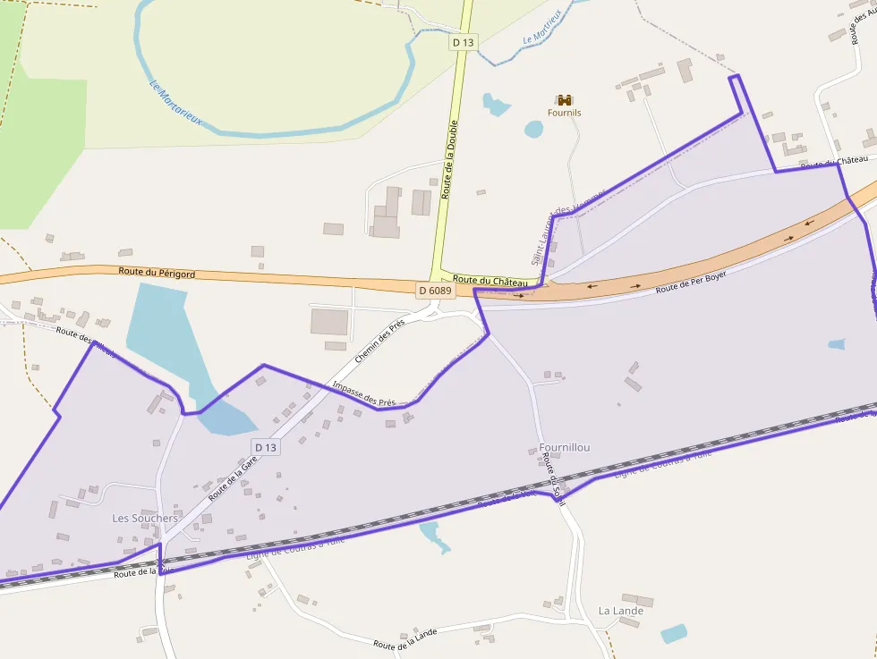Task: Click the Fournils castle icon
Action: [564, 100]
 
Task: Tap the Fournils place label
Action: [564, 114]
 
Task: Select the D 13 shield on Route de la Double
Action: [463, 41]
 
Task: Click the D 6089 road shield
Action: [436, 290]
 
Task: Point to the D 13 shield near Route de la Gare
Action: [266, 447]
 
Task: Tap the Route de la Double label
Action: [450, 158]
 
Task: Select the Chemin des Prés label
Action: [379, 340]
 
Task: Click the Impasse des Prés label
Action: [363, 393]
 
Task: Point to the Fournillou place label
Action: [565, 447]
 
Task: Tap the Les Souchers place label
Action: [145, 518]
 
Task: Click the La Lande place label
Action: [620, 611]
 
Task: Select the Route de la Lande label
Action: [405, 638]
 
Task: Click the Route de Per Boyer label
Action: [690, 282]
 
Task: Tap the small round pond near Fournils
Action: [533, 129]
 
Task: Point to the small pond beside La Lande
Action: [674, 634]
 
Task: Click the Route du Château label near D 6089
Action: [490, 281]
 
